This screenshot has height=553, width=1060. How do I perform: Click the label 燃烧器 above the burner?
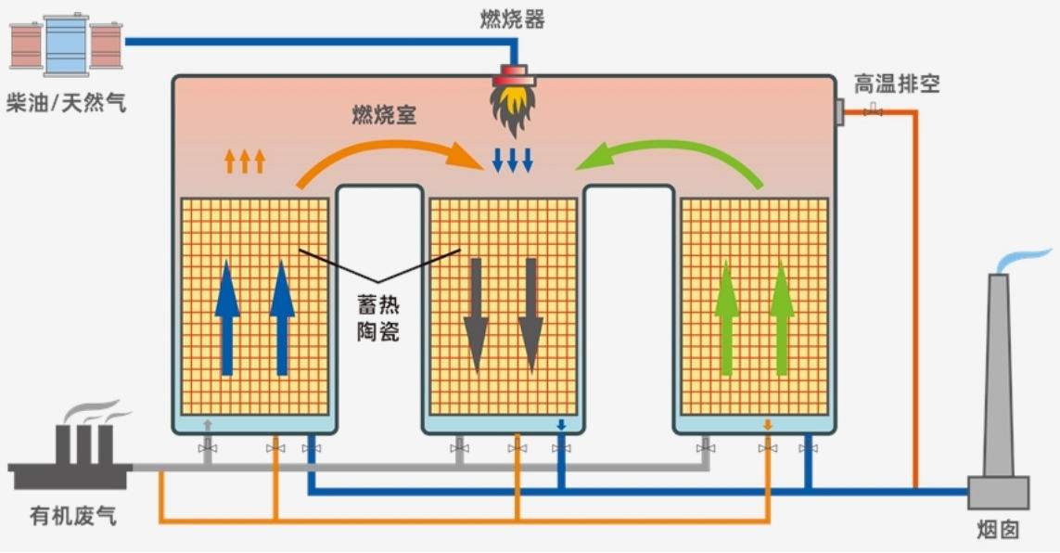point(513,19)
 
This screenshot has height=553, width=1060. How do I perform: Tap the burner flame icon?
point(513,104)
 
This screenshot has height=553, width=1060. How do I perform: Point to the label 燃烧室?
point(384,116)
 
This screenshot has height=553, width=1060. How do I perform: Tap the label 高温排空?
point(897,84)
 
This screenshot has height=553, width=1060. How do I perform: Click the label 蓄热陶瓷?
point(378,318)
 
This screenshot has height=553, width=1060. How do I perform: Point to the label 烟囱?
point(998,530)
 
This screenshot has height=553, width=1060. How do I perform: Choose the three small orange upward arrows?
point(245,161)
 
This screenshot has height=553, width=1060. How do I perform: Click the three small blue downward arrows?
point(513,160)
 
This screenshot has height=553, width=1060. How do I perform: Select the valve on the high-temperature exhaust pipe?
point(872,112)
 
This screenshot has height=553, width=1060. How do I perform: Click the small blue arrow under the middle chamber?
point(560,425)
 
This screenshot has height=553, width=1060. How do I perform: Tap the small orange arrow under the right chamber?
point(767,425)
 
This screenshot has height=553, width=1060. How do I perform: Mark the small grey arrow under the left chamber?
point(208,425)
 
